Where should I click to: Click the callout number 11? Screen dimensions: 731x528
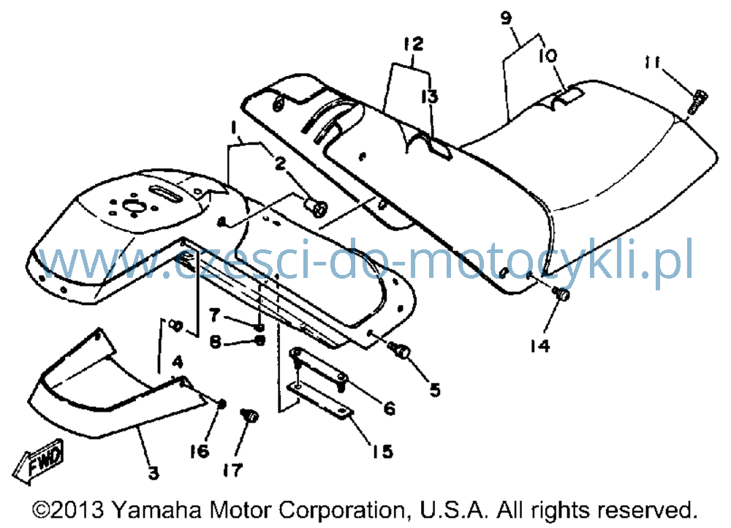tap(653, 62)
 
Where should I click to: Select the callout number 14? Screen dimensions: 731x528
tap(539, 346)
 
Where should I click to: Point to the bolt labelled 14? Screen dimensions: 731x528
tap(561, 294)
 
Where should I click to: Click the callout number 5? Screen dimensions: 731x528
tap(435, 390)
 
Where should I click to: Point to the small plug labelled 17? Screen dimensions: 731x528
tap(250, 415)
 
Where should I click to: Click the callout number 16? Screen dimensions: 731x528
tap(199, 451)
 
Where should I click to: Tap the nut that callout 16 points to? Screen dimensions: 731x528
tap(222, 404)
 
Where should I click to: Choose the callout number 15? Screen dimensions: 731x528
tap(382, 451)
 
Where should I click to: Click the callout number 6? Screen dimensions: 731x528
tap(390, 409)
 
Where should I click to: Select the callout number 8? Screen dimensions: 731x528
tap(215, 343)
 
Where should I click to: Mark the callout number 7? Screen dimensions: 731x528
tap(214, 315)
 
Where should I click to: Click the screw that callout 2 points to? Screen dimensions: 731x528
tap(316, 207)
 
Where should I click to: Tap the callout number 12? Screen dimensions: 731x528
tap(414, 44)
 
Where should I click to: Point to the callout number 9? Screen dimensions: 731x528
tap(506, 18)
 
